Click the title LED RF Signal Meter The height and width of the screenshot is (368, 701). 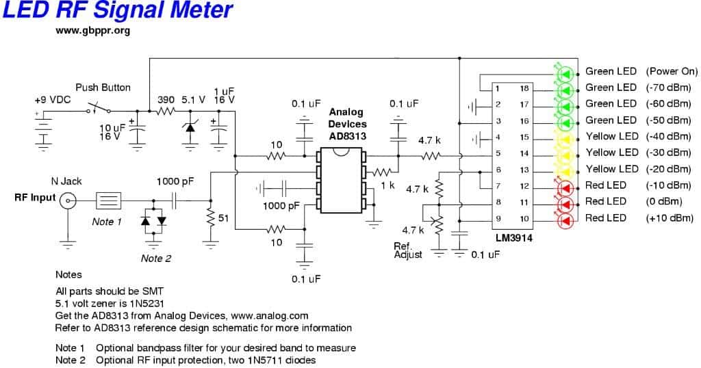118,10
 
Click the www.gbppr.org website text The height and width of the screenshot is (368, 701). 92,31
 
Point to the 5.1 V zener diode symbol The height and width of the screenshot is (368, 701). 190,126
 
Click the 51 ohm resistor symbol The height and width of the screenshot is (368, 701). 210,218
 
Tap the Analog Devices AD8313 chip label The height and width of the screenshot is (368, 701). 347,124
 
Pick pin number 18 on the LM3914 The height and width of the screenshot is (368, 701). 524,88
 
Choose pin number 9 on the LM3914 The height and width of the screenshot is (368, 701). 498,218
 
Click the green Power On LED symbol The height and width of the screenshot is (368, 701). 564,72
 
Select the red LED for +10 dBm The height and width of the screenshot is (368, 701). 564,219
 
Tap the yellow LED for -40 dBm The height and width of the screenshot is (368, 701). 564,137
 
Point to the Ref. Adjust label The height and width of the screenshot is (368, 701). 407,250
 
